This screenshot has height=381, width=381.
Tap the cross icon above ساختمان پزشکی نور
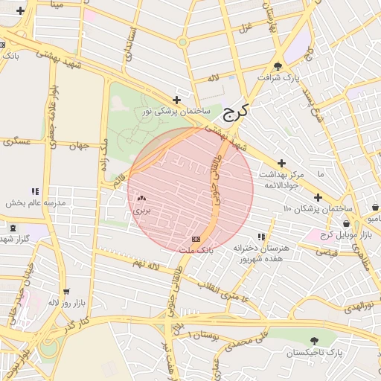[x=176, y=100]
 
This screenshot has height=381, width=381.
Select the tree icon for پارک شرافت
[x=278, y=66]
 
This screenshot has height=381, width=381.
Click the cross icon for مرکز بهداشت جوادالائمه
[x=281, y=163]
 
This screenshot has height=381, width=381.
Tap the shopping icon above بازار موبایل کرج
[x=346, y=223]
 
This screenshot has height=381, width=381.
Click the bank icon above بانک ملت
[x=196, y=239]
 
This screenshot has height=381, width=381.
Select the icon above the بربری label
[x=141, y=199]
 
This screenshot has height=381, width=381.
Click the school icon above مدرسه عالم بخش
[x=35, y=191]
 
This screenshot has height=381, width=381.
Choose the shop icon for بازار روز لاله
[x=67, y=292]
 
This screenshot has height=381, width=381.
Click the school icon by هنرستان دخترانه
[x=260, y=237]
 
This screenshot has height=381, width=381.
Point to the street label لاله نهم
[x=145, y=264]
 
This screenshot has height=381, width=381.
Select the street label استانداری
[x=131, y=45]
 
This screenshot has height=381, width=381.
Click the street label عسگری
[x=16, y=141]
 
